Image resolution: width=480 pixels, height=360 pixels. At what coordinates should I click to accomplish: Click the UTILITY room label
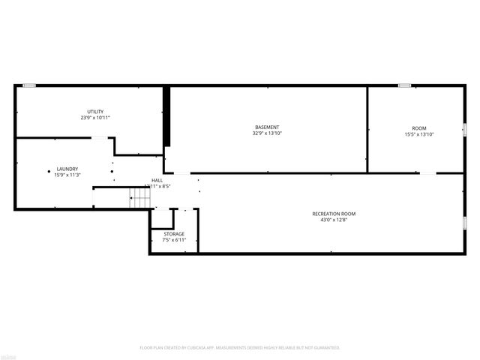click(95, 112)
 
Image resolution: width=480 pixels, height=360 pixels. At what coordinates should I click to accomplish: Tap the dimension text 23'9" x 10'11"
click(95, 118)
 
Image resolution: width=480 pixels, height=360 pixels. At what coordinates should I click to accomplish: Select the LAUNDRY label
click(67, 169)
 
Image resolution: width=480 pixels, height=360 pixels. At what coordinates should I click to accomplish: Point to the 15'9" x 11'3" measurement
click(67, 175)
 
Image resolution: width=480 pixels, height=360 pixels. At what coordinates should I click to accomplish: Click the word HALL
click(157, 180)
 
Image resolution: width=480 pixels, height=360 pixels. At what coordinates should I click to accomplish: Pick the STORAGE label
click(173, 234)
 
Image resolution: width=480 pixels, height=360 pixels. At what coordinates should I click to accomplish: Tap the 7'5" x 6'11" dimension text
click(173, 240)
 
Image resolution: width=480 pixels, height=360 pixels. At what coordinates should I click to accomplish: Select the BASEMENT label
click(267, 127)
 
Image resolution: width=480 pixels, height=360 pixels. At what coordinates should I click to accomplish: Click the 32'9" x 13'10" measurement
click(267, 133)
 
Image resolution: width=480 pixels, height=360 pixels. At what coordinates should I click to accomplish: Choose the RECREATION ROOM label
click(334, 214)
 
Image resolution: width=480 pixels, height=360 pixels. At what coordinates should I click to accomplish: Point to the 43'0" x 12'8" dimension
click(334, 220)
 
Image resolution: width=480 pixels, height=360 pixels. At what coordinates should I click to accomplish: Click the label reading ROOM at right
click(418, 127)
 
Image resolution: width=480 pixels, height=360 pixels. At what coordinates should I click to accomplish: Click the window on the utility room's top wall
click(29, 85)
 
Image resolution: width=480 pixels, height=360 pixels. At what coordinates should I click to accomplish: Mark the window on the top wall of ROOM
click(404, 85)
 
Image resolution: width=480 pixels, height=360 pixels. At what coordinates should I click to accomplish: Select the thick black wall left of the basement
click(167, 117)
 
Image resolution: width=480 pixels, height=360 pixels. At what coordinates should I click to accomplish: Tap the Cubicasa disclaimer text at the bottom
click(240, 347)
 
